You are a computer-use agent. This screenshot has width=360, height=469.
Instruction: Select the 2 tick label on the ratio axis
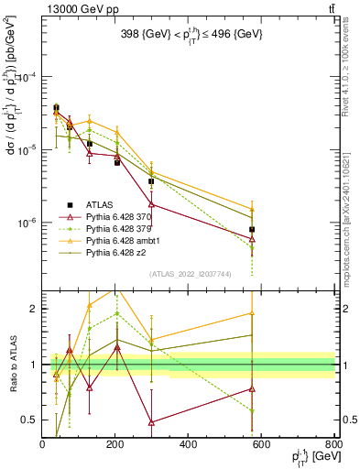[x=34, y=309]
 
